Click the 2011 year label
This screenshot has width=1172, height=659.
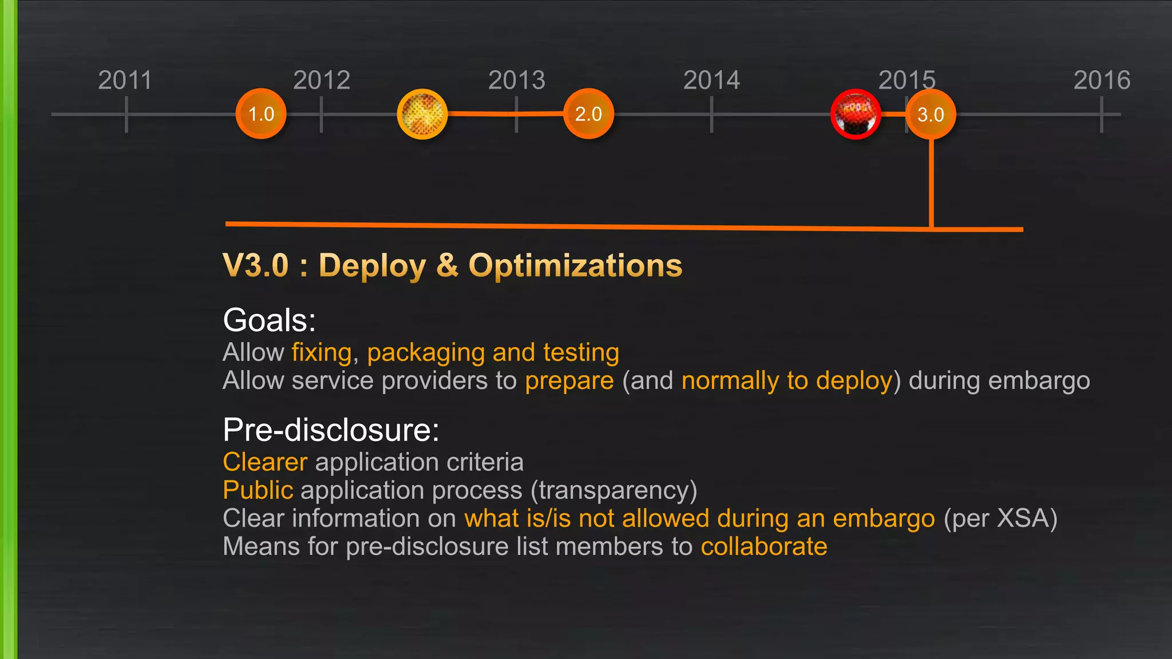point(125,80)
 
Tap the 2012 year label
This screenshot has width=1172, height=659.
point(322,80)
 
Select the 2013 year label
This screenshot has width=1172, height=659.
point(517,80)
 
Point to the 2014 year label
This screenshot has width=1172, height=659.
point(711,80)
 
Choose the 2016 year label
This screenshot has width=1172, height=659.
point(1102,80)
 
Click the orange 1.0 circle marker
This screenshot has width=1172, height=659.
point(261,114)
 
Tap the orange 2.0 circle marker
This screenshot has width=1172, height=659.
point(588,114)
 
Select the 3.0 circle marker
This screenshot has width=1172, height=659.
point(931,114)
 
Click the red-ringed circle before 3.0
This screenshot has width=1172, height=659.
point(856,114)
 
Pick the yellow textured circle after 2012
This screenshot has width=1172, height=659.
point(422,114)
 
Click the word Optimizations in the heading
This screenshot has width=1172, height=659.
point(575,265)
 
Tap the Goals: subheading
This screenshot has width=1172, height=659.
point(269,320)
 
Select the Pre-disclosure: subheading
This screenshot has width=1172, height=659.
point(331,430)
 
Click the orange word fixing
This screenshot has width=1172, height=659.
point(322,352)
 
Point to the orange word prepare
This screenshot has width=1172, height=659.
point(569,380)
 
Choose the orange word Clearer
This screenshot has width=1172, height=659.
point(265,462)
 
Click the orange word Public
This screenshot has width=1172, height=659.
point(258,490)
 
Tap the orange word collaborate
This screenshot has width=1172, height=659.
point(764,546)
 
